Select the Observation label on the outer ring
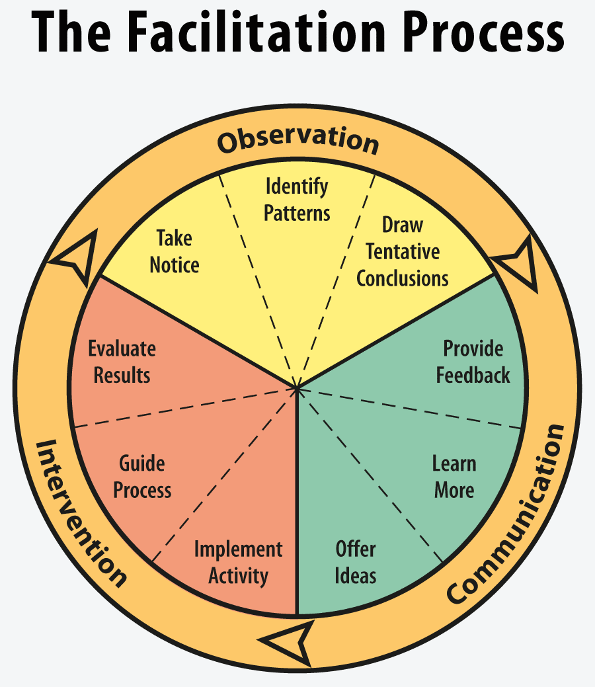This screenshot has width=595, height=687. pos(298,141)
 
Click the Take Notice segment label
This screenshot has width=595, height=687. pos(175,251)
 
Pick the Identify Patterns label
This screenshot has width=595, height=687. pos(297,200)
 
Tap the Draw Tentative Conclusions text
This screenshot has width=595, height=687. pos(403,251)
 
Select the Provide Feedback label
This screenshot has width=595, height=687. pos(473,362)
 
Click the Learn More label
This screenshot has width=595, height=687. pos(454,476)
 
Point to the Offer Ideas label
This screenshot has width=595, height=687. pos(355,562)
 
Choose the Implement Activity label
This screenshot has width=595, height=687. pos(238,562)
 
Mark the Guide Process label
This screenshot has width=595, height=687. pos(142,476)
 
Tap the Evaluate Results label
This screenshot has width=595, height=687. pos(122,362)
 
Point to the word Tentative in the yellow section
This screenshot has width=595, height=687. pos(403,252)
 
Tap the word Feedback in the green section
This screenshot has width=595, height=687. pos(473,375)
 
